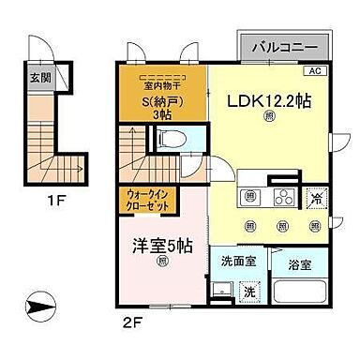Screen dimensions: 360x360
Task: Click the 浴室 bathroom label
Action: click(300, 264)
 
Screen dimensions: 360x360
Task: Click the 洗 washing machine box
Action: click(250, 292)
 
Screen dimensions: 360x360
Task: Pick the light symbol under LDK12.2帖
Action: click(269, 116)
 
